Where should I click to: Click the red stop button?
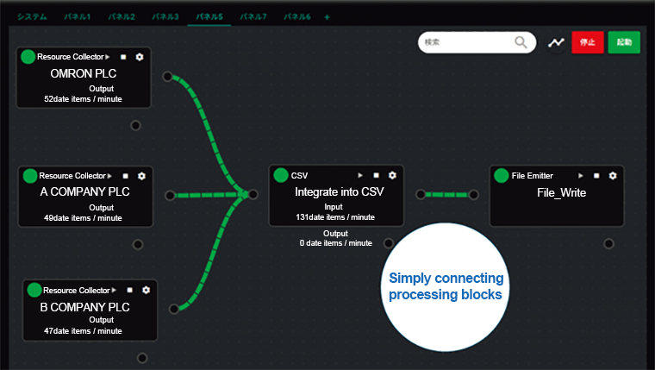tap(587, 42)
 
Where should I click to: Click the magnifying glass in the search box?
tap(521, 42)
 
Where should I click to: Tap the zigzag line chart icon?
tap(556, 42)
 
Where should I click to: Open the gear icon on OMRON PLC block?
tap(140, 57)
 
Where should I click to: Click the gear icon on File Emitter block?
tap(613, 176)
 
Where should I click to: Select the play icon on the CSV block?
tap(360, 175)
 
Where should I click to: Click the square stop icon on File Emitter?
tap(596, 176)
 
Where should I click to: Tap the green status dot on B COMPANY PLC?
tap(34, 290)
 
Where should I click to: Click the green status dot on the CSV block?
tap(281, 175)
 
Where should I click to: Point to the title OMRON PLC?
tap(84, 73)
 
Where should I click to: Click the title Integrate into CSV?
tap(340, 191)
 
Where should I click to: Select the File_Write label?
tap(561, 192)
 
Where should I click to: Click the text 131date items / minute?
tap(335, 217)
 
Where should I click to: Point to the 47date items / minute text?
tap(83, 331)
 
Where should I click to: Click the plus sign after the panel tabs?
tap(327, 17)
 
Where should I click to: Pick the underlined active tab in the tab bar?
tap(209, 17)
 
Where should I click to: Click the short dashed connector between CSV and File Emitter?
tap(447, 195)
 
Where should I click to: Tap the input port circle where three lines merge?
tap(253, 194)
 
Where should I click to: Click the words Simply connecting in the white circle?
tap(446, 279)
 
